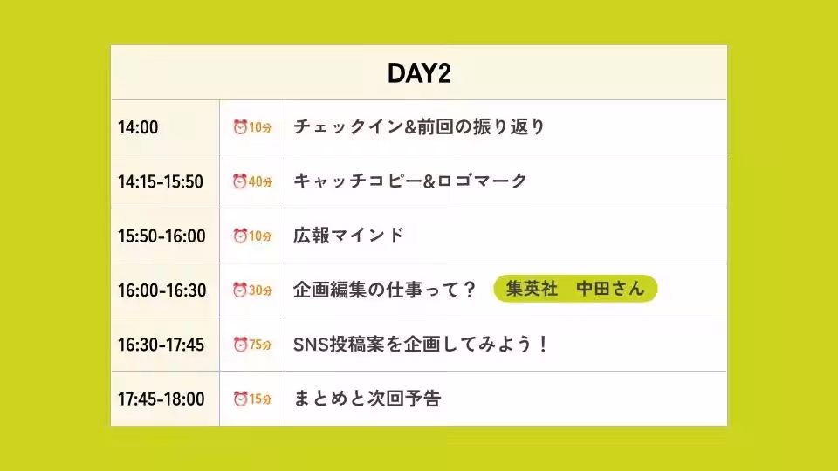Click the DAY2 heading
[419, 73]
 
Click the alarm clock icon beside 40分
[240, 181]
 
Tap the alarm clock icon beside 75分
[240, 345]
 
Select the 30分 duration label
[261, 290]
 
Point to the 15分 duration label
[261, 399]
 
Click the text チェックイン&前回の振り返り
[419, 127]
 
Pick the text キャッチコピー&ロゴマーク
[410, 181]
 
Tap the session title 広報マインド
[348, 235]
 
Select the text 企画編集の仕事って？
[384, 290]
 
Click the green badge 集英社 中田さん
[575, 289]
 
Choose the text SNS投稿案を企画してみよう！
[421, 345]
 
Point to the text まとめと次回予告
[367, 399]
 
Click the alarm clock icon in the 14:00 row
[240, 127]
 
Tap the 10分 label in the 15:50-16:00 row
[261, 236]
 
